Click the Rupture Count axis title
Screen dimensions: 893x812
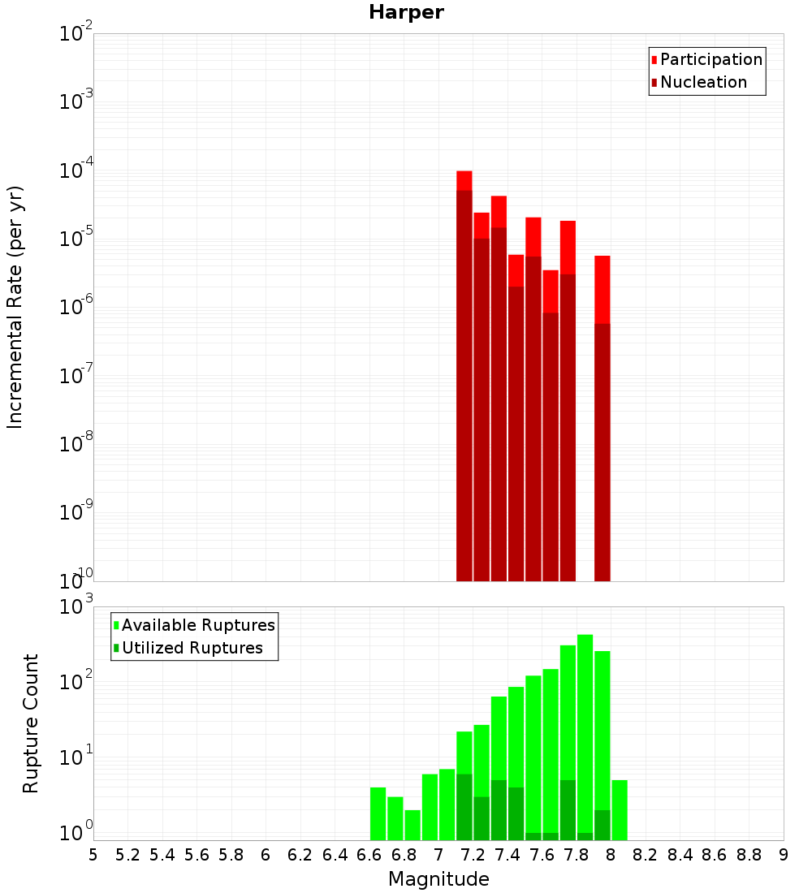click(31, 723)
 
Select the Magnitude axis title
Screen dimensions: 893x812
click(438, 879)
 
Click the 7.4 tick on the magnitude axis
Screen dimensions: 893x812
click(508, 855)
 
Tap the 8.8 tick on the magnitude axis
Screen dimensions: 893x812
click(749, 855)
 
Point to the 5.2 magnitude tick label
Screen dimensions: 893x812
click(127, 855)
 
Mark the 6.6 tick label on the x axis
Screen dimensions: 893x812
click(369, 855)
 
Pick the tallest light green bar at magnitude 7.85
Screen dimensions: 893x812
click(585, 731)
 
